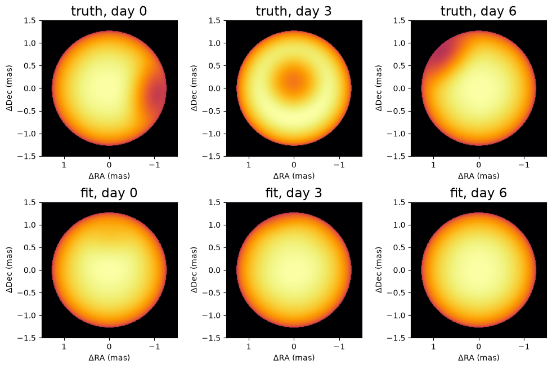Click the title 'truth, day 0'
[x=109, y=11]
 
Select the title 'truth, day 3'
[x=294, y=11]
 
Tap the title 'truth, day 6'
[x=478, y=11]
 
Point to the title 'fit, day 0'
[x=109, y=193]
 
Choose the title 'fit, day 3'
[x=294, y=193]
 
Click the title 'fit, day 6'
[x=478, y=193]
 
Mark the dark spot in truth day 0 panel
[x=156, y=92]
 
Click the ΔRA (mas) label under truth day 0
[x=109, y=175]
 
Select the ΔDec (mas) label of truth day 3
[x=194, y=88]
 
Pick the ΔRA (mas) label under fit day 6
[x=478, y=357]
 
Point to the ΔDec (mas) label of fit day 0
[x=9, y=270]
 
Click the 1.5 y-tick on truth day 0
[x=30, y=20]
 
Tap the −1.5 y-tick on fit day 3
[x=212, y=338]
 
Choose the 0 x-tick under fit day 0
[x=109, y=347]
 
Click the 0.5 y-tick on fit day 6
[x=399, y=247]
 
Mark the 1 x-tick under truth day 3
[x=249, y=165]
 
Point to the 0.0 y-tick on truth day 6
[x=399, y=88]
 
